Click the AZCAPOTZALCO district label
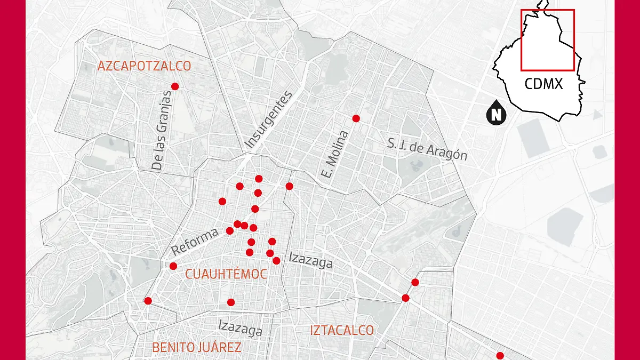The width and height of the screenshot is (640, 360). click(144, 66)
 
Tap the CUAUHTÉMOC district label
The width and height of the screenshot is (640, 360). click(226, 274)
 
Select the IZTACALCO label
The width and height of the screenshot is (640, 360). click(342, 330)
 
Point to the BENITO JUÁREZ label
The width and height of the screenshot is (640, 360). click(196, 348)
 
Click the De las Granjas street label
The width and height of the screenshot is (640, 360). click(163, 130)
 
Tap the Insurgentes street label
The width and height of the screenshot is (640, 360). click(269, 120)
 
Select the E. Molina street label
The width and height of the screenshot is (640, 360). click(335, 154)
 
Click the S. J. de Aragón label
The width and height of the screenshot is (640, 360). click(427, 149)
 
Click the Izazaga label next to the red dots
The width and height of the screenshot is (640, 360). click(310, 260)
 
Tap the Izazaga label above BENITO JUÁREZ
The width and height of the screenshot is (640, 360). click(241, 327)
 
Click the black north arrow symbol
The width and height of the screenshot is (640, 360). click(496, 113)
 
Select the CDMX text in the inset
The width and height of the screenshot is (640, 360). click(543, 84)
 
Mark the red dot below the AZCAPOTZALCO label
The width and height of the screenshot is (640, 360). click(174, 86)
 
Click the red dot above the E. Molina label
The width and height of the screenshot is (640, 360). click(356, 118)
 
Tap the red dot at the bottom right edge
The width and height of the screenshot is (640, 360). click(500, 356)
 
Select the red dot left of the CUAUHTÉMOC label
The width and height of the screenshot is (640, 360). click(173, 266)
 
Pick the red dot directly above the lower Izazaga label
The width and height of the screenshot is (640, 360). click(230, 302)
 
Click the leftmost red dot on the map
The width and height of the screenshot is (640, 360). click(148, 301)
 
